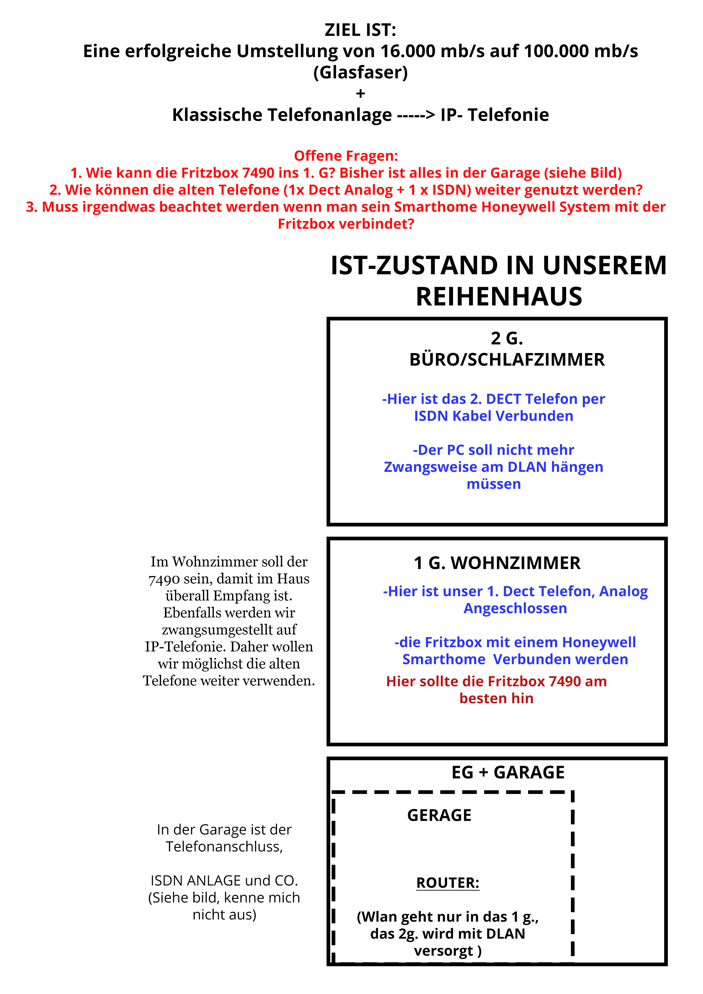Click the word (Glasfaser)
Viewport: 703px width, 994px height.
[360, 72]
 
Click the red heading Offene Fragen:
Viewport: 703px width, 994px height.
[346, 156]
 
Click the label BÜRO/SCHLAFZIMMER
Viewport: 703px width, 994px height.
[507, 360]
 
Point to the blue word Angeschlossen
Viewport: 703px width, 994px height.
[515, 608]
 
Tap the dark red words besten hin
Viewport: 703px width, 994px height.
[496, 698]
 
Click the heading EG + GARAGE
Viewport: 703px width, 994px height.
[508, 772]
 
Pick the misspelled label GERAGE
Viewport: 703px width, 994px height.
[439, 816]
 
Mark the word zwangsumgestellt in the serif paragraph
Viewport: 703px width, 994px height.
[229, 630]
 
